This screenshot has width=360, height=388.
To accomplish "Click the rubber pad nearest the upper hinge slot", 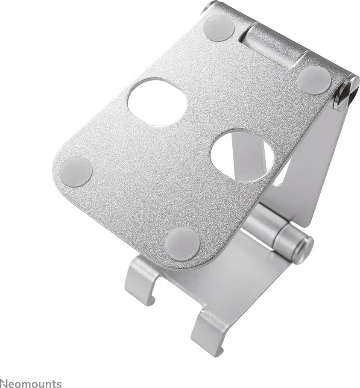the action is [x=219, y=28].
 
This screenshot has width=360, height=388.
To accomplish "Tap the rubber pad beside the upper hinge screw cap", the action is [x=314, y=80].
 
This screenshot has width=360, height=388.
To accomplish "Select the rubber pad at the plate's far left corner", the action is [x=76, y=171].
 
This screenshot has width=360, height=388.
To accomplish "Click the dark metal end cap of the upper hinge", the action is [x=346, y=91].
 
